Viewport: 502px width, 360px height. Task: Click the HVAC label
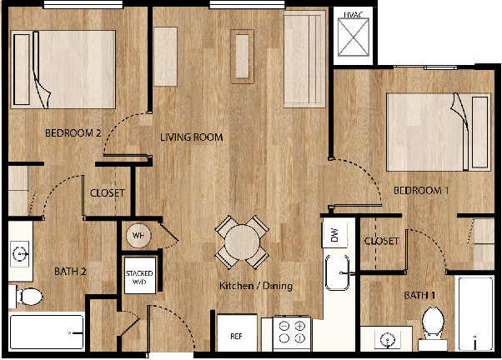353,14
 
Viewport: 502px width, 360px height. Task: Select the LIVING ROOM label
191,137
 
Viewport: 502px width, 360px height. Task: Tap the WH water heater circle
138,236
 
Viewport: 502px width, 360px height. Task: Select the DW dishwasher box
334,236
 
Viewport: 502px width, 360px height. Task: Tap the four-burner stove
292,333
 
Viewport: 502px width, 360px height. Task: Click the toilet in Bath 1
432,321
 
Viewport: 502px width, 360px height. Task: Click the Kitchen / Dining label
256,287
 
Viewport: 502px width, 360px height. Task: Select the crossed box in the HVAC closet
353,38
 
